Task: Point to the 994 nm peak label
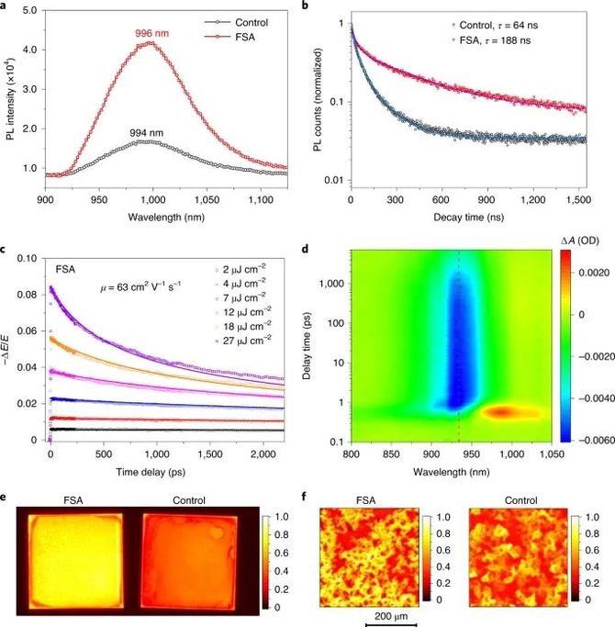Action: coord(146,131)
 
